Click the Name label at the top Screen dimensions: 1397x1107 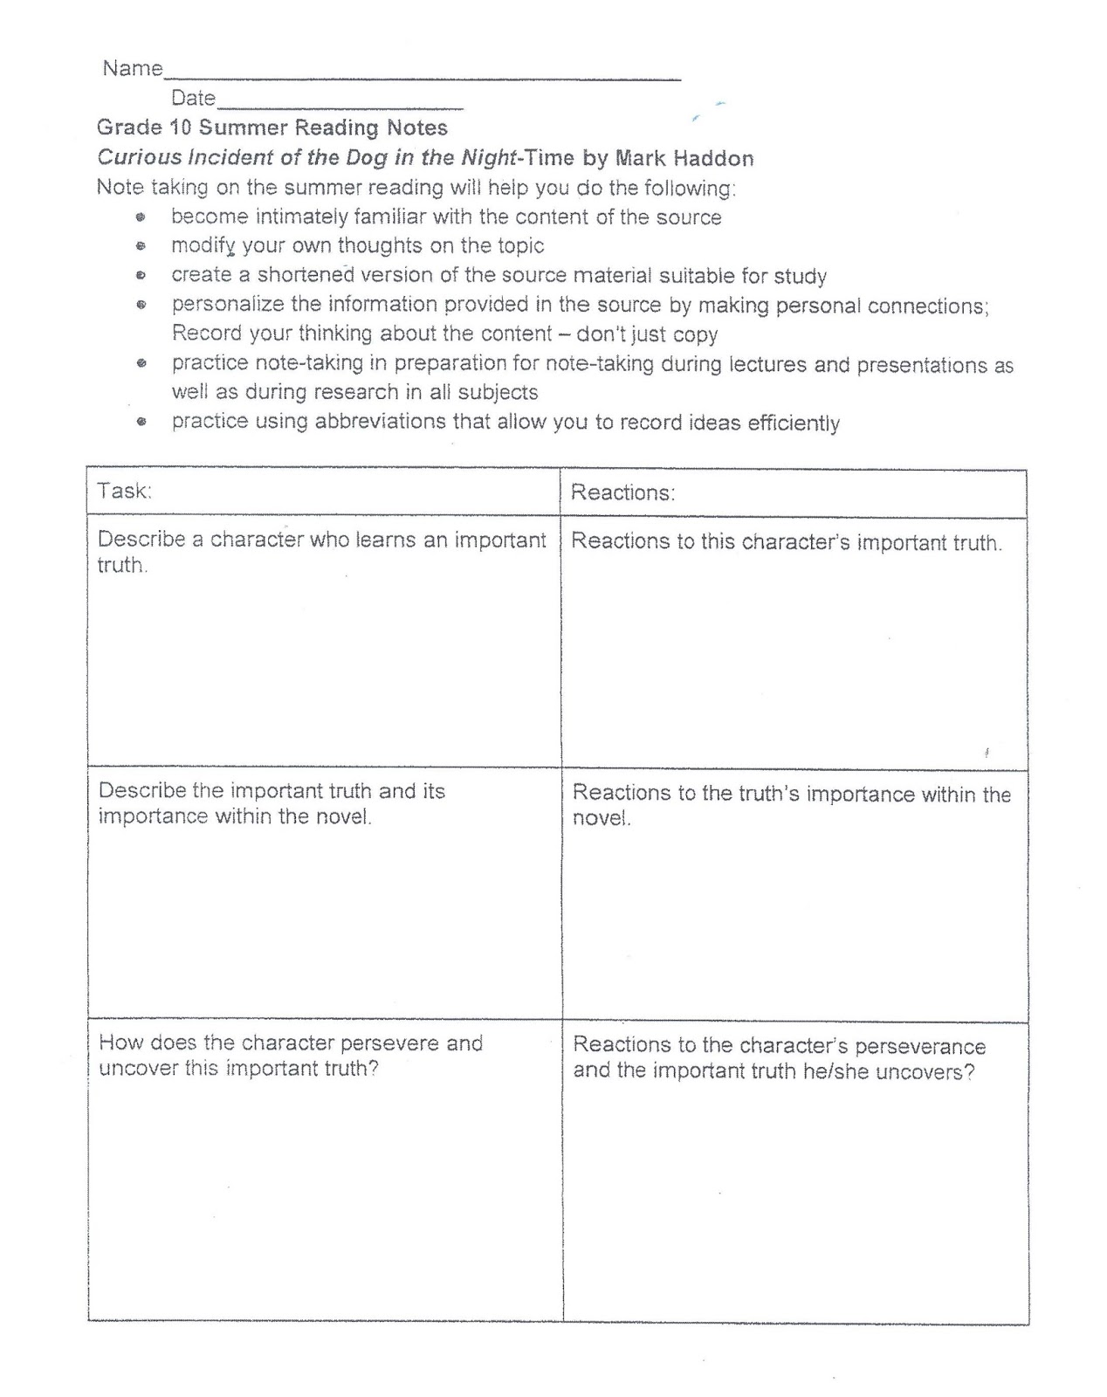click(133, 68)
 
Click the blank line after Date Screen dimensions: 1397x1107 click(340, 103)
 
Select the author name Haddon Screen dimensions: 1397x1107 click(710, 158)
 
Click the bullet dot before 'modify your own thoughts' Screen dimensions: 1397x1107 click(140, 246)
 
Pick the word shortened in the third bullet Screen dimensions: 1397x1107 click(306, 275)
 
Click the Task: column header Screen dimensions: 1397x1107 click(124, 491)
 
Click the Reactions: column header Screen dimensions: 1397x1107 click(622, 492)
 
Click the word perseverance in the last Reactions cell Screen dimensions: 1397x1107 click(920, 1046)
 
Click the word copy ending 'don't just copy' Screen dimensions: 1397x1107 click(696, 334)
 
